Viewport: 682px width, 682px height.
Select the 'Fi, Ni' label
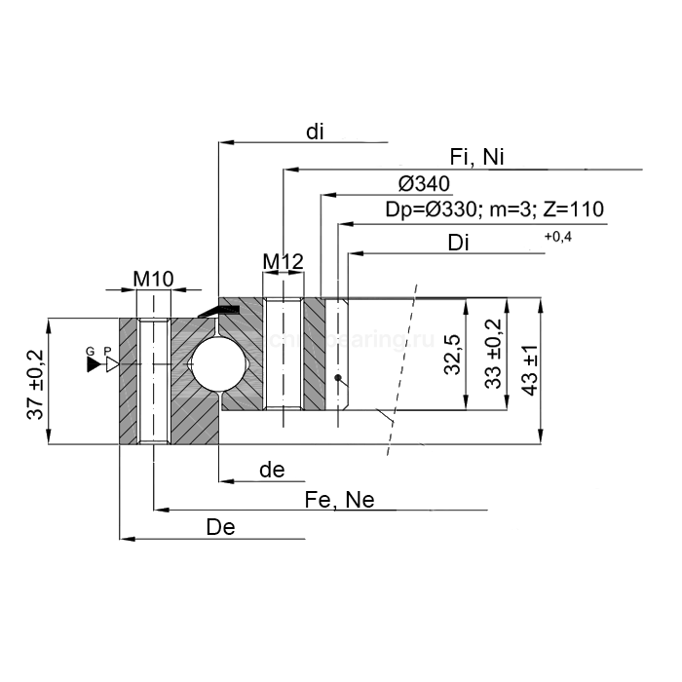[x=476, y=158]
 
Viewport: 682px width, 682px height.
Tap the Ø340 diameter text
[x=424, y=184]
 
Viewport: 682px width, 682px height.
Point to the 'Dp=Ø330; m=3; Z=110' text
[x=494, y=209]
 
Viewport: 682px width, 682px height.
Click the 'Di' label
[x=460, y=244]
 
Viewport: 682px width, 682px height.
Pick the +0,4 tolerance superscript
[x=558, y=237]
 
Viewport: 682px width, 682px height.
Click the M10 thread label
[x=153, y=279]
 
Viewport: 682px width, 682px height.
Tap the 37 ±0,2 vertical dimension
[x=36, y=385]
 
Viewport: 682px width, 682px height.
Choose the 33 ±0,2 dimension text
[x=494, y=354]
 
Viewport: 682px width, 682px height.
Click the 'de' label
[x=272, y=471]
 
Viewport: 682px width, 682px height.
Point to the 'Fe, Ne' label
[x=339, y=500]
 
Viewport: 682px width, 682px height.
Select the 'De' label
[x=221, y=527]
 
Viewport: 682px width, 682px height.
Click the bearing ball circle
[x=215, y=364]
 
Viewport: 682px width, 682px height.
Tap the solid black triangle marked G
[x=94, y=364]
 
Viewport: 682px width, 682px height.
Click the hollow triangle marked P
[x=112, y=364]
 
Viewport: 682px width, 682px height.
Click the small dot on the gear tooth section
[x=338, y=377]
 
